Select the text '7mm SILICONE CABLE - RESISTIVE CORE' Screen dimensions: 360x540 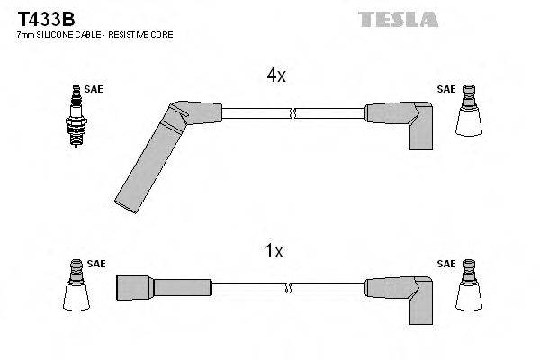95,34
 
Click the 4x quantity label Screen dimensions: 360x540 275,76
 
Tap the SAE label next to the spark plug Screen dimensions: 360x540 94,90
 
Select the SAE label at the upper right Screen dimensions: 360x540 445,90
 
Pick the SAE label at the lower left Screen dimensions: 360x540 96,264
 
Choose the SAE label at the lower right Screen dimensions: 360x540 445,264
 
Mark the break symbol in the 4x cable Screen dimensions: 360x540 293,112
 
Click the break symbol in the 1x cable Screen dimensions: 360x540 293,287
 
